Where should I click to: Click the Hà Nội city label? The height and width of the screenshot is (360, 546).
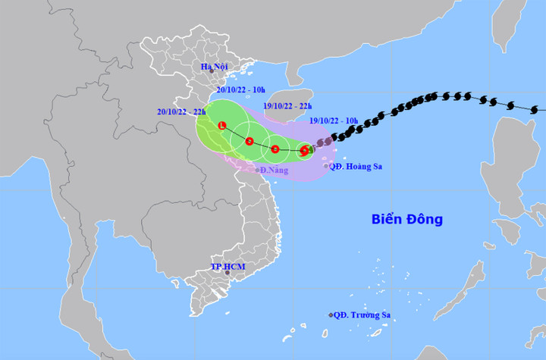pos(214,67)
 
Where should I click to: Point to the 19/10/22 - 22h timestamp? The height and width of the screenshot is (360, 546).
pos(287,107)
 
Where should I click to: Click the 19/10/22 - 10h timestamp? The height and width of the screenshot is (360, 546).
pos(334,121)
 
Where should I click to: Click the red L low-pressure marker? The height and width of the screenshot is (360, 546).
pos(221,125)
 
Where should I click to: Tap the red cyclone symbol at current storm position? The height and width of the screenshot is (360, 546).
pos(304,151)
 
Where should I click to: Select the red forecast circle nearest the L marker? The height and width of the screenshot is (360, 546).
pos(249,142)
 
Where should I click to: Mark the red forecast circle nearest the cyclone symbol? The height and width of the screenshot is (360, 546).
pos(275,149)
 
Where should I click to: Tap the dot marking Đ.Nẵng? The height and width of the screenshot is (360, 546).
pos(257,170)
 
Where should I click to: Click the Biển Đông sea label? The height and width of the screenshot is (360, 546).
pos(406,220)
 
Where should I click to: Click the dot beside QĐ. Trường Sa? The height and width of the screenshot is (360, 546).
pos(331,315)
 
